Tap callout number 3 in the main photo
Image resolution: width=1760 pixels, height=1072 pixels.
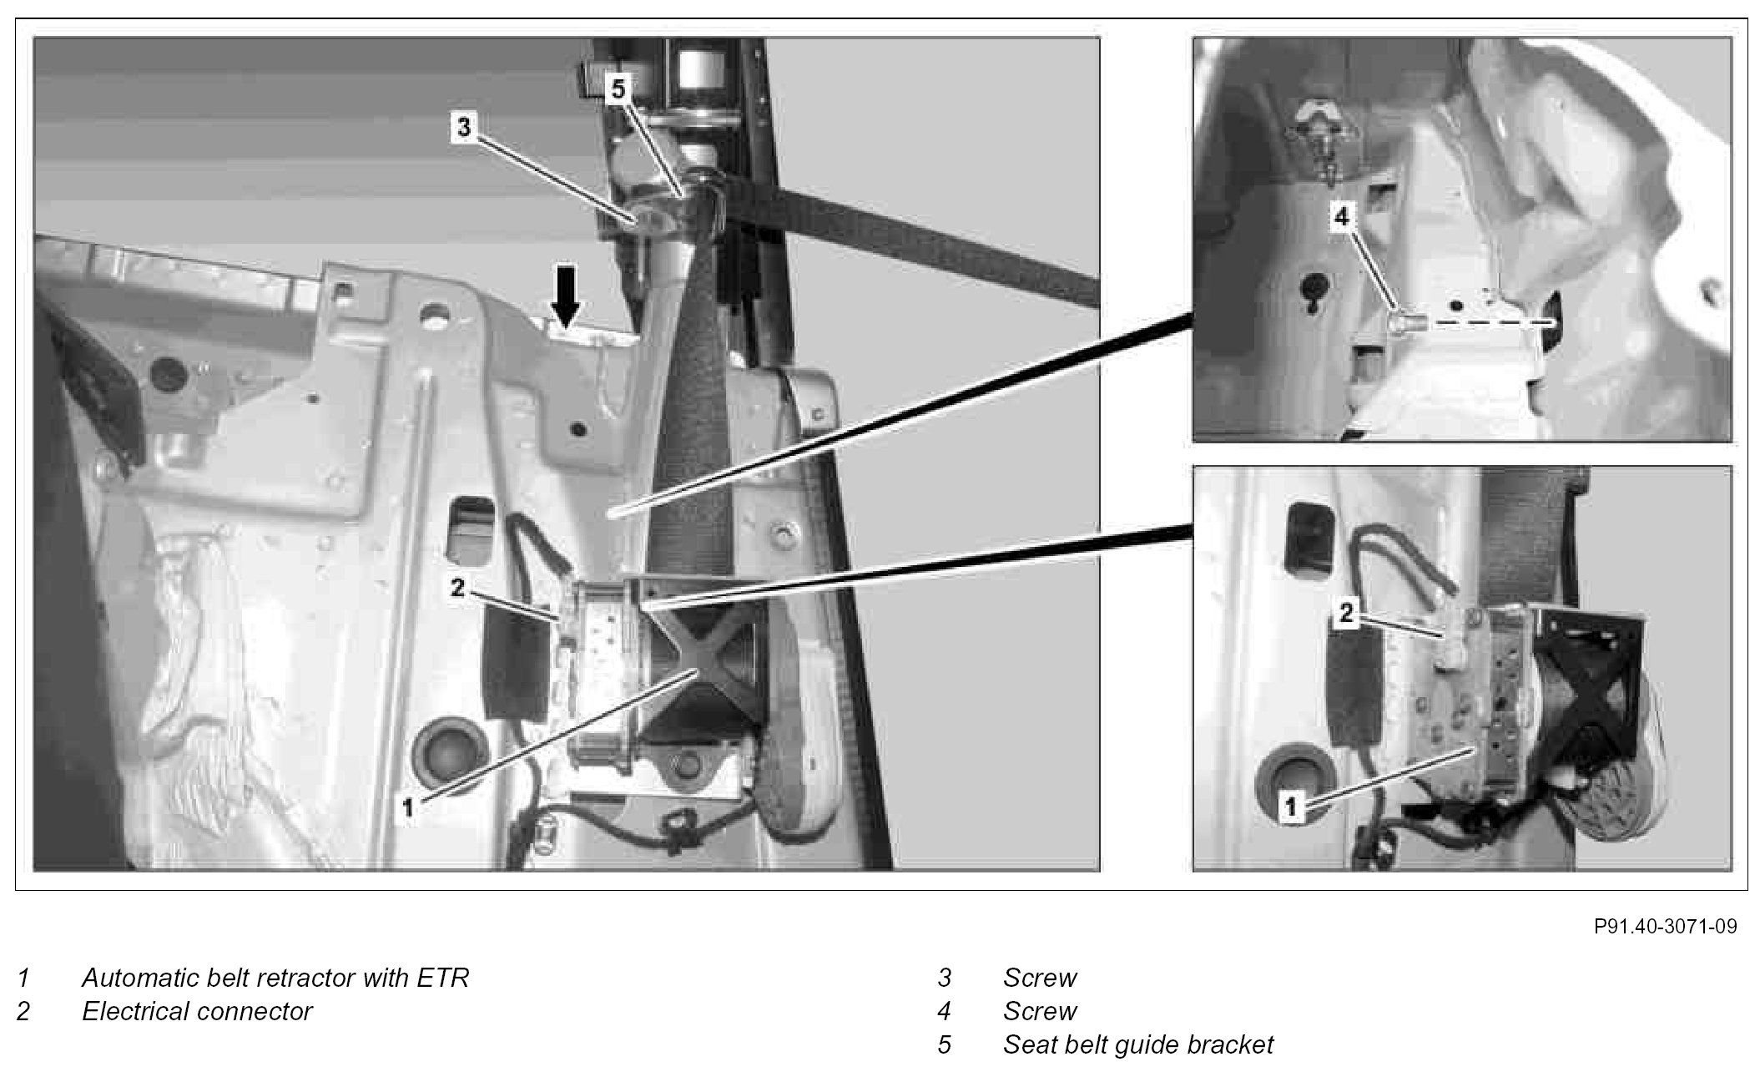pyautogui.click(x=464, y=128)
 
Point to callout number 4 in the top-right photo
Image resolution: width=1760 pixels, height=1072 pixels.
pyautogui.click(x=1341, y=217)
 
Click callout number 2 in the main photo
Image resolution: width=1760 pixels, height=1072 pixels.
pyautogui.click(x=457, y=588)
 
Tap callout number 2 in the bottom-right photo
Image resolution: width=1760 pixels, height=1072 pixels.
pyautogui.click(x=1346, y=614)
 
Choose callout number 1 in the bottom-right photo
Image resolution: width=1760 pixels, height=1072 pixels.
pyautogui.click(x=1291, y=807)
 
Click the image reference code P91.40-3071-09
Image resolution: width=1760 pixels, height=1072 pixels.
pyautogui.click(x=1665, y=927)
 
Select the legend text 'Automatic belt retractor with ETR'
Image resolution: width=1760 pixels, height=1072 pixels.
pyautogui.click(x=275, y=978)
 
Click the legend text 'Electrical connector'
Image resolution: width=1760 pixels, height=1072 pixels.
pyautogui.click(x=197, y=1011)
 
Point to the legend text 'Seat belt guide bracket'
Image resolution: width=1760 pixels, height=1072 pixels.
pyautogui.click(x=1138, y=1044)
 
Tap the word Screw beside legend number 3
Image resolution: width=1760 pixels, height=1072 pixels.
pyautogui.click(x=1040, y=978)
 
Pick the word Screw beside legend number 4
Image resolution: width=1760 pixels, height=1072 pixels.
pyautogui.click(x=1040, y=1011)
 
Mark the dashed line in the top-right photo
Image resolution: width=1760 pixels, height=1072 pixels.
pyautogui.click(x=1485, y=321)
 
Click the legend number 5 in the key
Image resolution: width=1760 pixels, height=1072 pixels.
pyautogui.click(x=944, y=1044)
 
